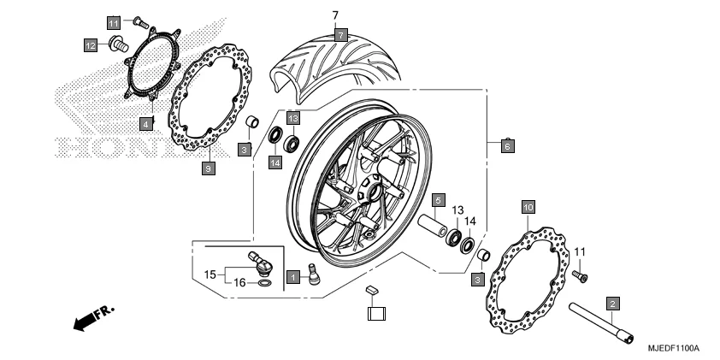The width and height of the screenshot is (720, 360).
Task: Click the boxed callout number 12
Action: pyautogui.click(x=90, y=44)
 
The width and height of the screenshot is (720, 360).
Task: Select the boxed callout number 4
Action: pyautogui.click(x=147, y=124)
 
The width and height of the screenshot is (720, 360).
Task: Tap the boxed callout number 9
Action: pyautogui.click(x=208, y=168)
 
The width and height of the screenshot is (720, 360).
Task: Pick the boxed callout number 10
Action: pyautogui.click(x=528, y=207)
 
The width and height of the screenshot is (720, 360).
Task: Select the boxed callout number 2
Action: pyautogui.click(x=612, y=303)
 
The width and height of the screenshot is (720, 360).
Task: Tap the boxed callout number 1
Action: pyautogui.click(x=292, y=277)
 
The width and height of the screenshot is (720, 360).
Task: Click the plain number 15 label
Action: pyautogui.click(x=210, y=274)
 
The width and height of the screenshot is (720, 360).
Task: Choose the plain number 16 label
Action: pyautogui.click(x=240, y=281)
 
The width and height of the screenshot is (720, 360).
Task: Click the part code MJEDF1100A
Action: pyautogui.click(x=673, y=348)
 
